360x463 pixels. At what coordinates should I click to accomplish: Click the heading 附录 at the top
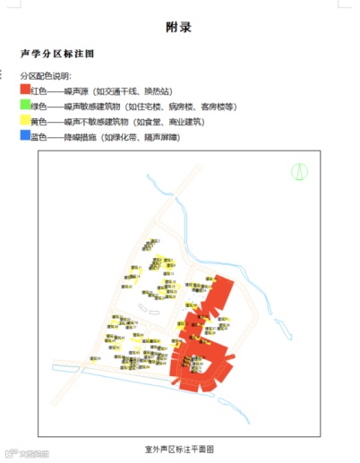coord(179,28)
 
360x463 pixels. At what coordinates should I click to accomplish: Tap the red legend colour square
coord(25,90)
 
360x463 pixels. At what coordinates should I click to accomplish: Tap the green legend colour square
coord(25,105)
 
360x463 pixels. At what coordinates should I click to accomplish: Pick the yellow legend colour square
coord(25,120)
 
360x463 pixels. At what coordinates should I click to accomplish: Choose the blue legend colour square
coord(25,135)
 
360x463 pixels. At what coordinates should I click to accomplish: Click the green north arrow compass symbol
coord(302,170)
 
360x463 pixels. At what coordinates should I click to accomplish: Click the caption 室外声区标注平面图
coord(179,447)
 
